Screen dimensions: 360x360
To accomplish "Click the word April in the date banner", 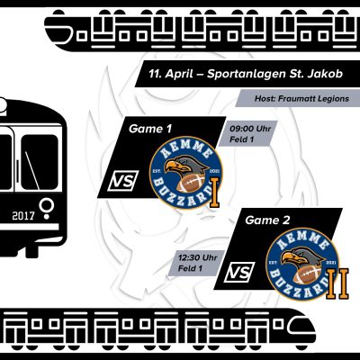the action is [178, 74].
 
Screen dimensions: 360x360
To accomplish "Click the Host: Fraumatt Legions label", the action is [301, 98].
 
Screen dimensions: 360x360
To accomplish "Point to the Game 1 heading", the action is [150, 129].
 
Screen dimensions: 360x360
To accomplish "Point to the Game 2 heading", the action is [267, 220].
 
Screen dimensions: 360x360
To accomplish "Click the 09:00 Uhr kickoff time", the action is [250, 129].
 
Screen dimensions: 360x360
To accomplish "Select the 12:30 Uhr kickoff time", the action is [198, 257].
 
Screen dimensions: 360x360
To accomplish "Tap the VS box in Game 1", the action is [123, 181].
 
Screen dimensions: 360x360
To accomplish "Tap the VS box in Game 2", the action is [239, 273].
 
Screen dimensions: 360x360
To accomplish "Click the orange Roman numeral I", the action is [214, 193].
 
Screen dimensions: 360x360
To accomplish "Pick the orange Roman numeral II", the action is [337, 283].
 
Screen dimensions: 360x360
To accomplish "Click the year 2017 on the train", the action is [23, 215].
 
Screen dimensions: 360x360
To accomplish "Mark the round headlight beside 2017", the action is [47, 206].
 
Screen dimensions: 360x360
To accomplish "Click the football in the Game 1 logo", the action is [190, 183].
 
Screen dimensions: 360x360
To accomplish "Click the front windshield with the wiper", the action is [40, 162].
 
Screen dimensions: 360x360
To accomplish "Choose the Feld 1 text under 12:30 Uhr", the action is [190, 268].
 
